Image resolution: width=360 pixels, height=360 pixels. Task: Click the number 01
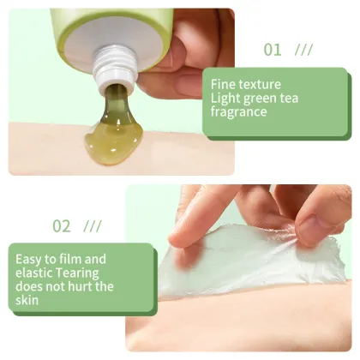[273, 50]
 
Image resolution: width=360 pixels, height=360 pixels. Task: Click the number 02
[62, 226]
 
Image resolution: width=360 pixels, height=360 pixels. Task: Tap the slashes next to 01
[303, 50]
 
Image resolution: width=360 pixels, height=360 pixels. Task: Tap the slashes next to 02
[93, 226]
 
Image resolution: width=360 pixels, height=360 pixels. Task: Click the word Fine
[225, 84]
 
